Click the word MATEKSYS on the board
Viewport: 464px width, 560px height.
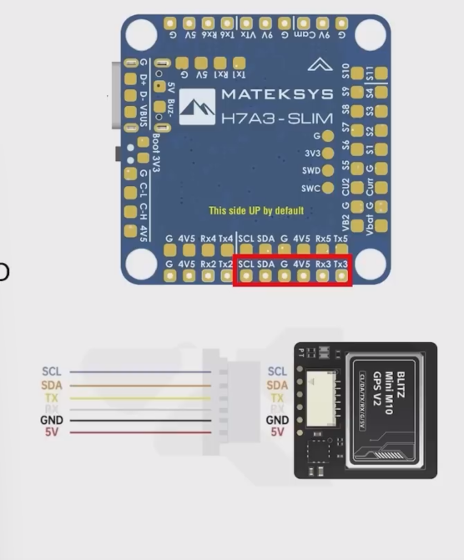click(x=276, y=93)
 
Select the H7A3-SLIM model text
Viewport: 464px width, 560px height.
click(x=276, y=119)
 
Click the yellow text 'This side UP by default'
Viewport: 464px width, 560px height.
click(x=256, y=210)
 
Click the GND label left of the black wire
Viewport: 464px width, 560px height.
click(x=52, y=421)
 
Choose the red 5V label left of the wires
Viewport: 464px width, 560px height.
click(x=52, y=432)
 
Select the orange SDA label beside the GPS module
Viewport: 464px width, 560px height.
click(x=277, y=385)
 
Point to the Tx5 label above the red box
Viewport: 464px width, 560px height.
click(x=340, y=239)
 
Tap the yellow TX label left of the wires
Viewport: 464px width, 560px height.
click(x=52, y=396)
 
